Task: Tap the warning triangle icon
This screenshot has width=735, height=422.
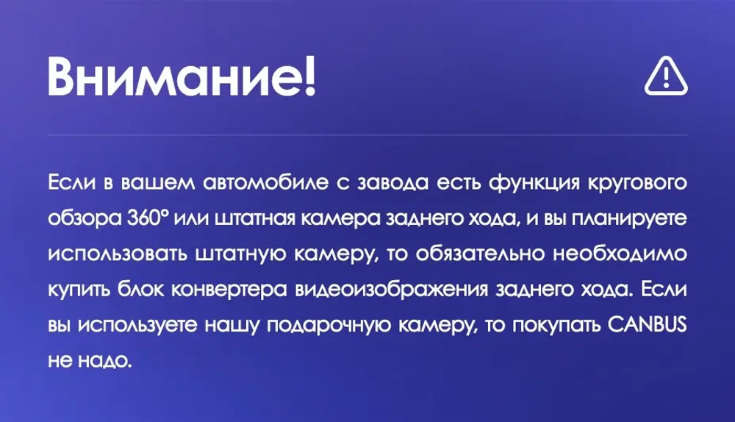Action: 666,77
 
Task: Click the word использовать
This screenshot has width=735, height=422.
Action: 117,254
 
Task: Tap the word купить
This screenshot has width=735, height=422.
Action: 79,289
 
